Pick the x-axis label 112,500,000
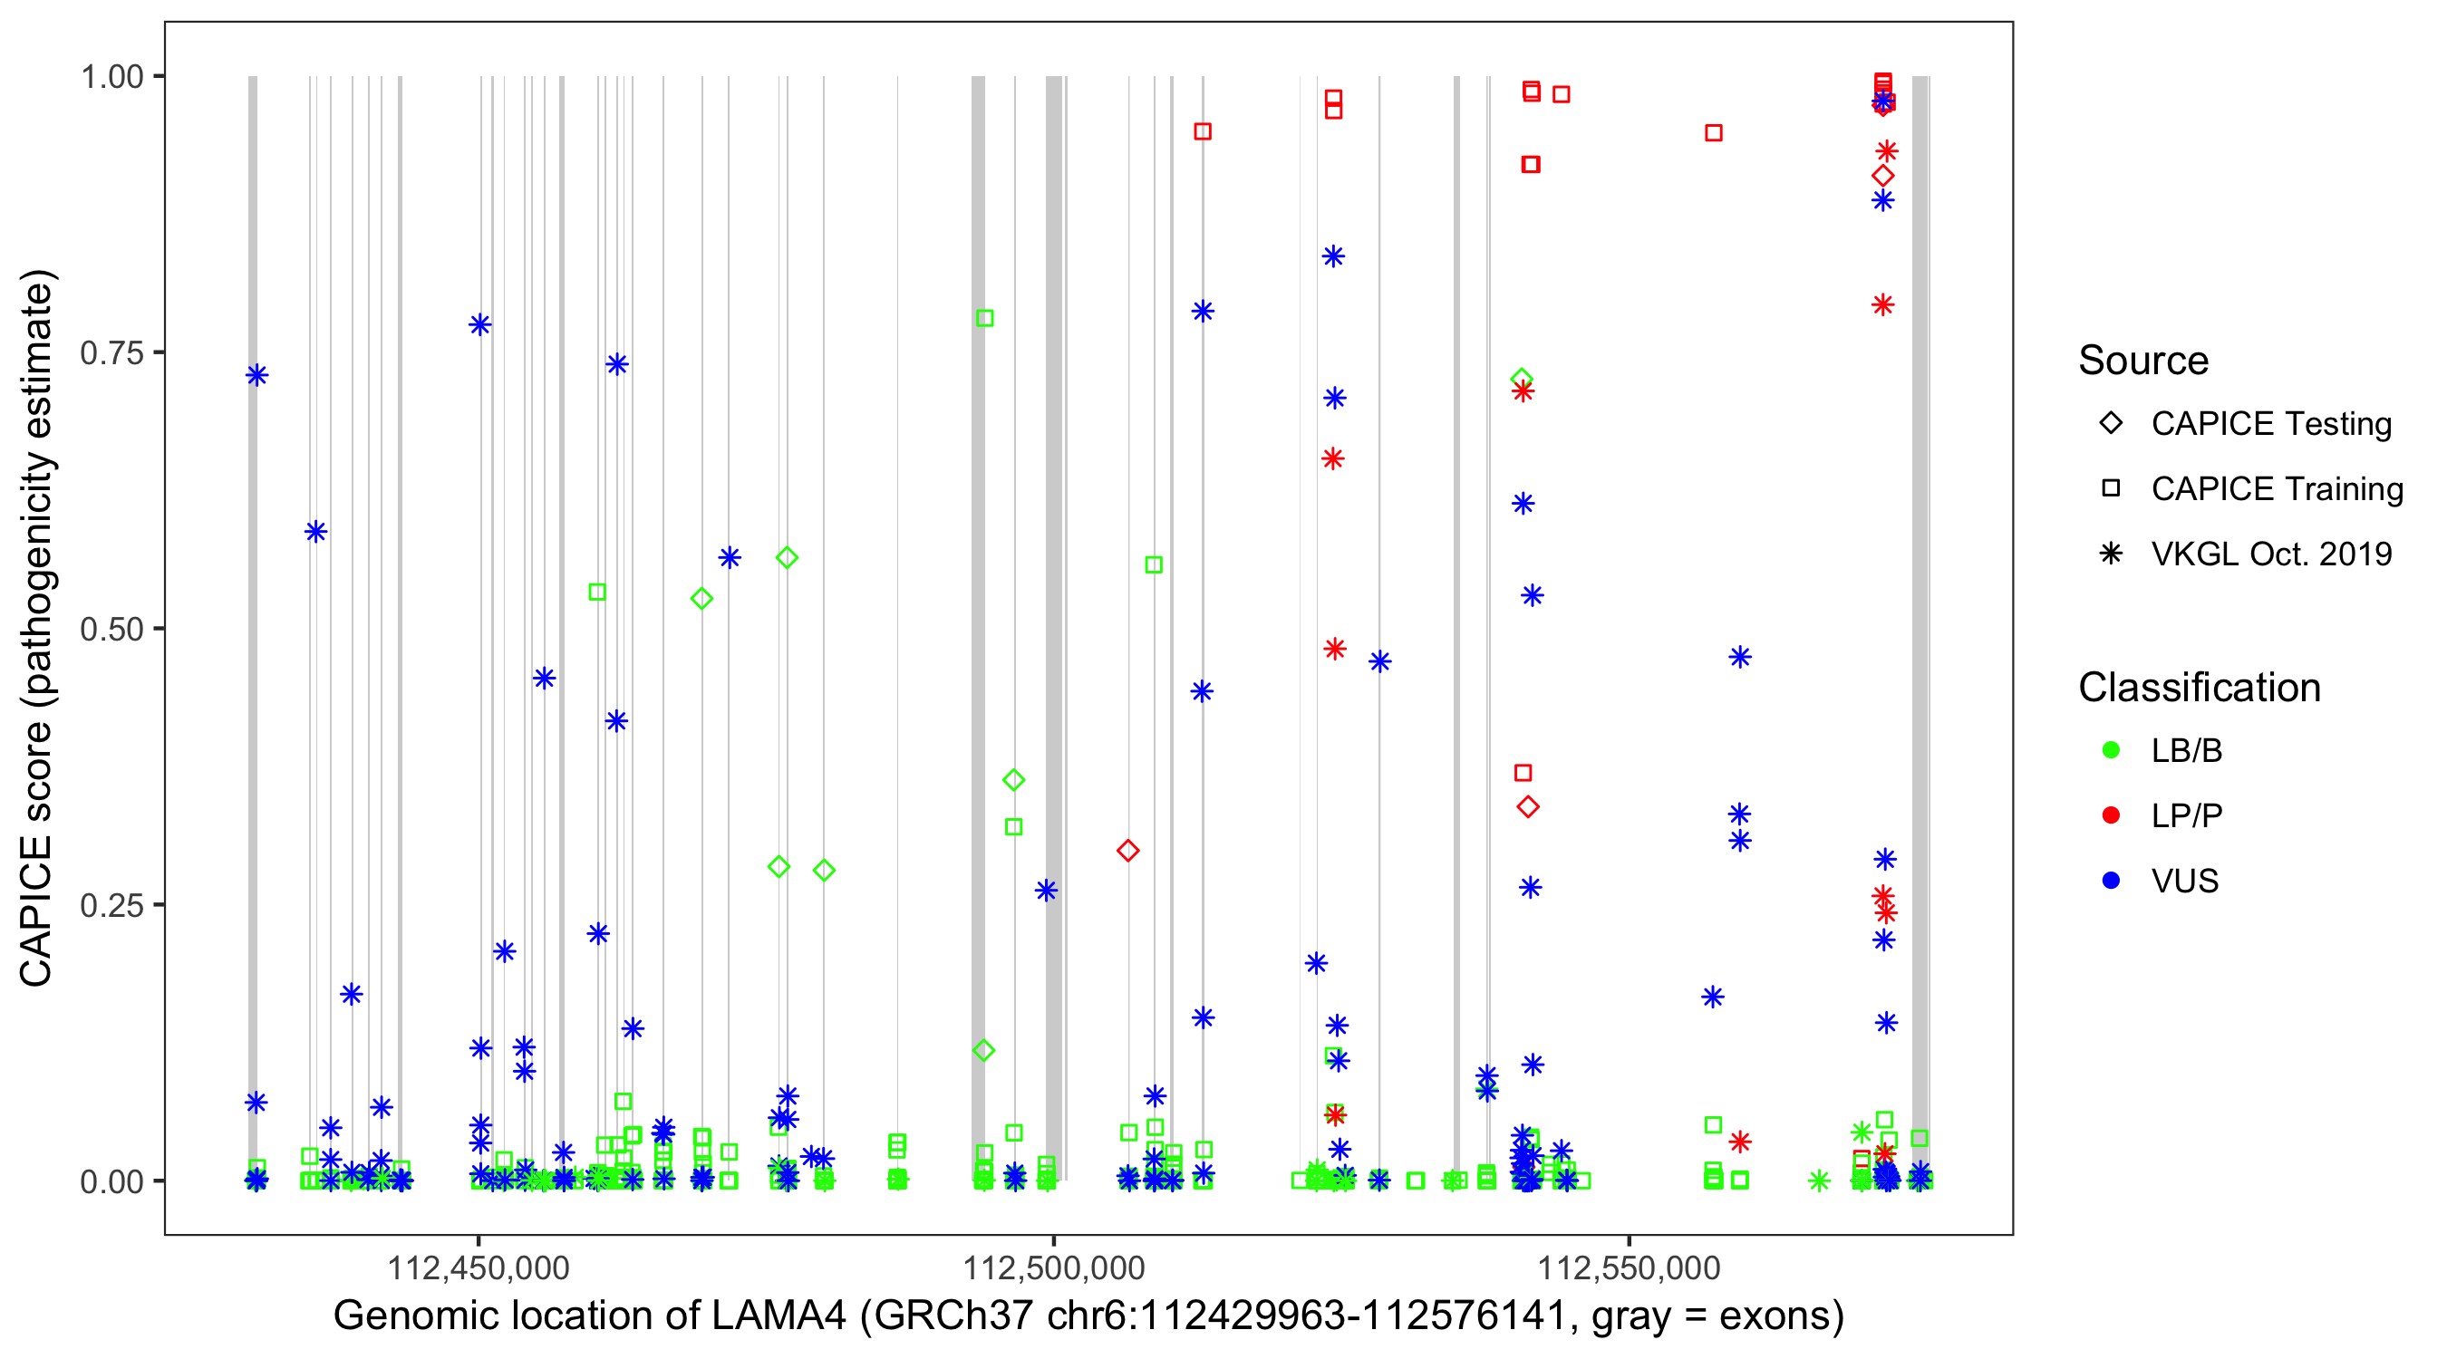tap(1053, 1267)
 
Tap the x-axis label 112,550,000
tap(1630, 1267)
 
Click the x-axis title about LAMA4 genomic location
tap(1088, 1316)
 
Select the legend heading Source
tap(2143, 361)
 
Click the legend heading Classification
tap(2199, 688)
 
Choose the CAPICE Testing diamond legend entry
tap(2111, 424)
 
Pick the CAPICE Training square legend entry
tap(2111, 489)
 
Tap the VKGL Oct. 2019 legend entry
tap(2111, 554)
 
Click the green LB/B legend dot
tap(2111, 751)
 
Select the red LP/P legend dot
tap(2111, 815)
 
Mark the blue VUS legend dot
tap(2111, 882)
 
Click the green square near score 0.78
tap(985, 318)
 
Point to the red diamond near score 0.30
tap(1127, 851)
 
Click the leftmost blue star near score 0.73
tap(256, 375)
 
